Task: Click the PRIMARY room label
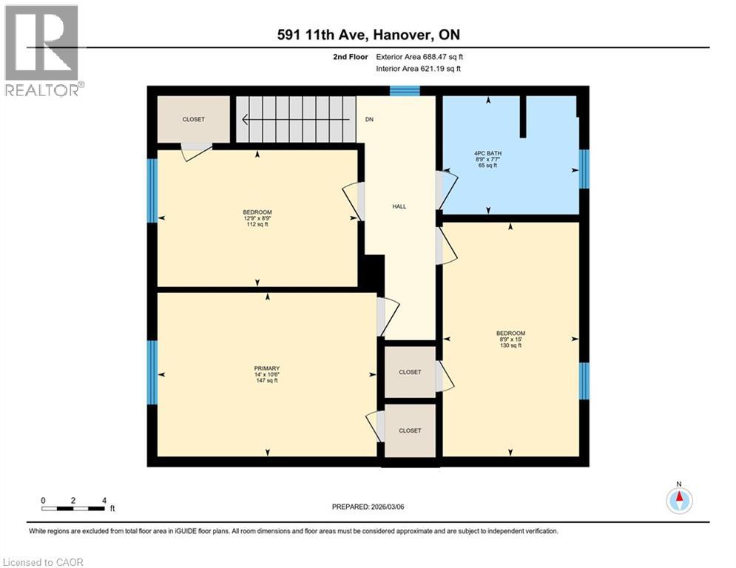tap(267, 368)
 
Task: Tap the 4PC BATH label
tap(487, 153)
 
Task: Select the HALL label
tap(399, 207)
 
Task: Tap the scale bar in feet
tap(73, 508)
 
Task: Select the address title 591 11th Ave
tap(368, 35)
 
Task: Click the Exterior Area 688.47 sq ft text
tap(420, 56)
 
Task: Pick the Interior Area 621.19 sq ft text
tap(419, 69)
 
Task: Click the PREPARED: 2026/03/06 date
tap(369, 507)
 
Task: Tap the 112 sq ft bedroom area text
tap(257, 225)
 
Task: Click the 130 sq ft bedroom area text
tap(510, 345)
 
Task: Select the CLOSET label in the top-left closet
tap(194, 119)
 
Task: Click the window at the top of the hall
tap(405, 91)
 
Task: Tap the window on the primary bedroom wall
tap(152, 372)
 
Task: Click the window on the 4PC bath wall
tap(584, 169)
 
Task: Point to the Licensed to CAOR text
tap(43, 562)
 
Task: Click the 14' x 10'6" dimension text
tap(267, 374)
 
